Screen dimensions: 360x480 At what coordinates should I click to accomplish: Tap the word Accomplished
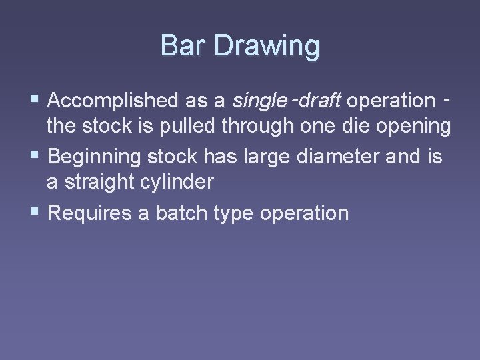(112, 101)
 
